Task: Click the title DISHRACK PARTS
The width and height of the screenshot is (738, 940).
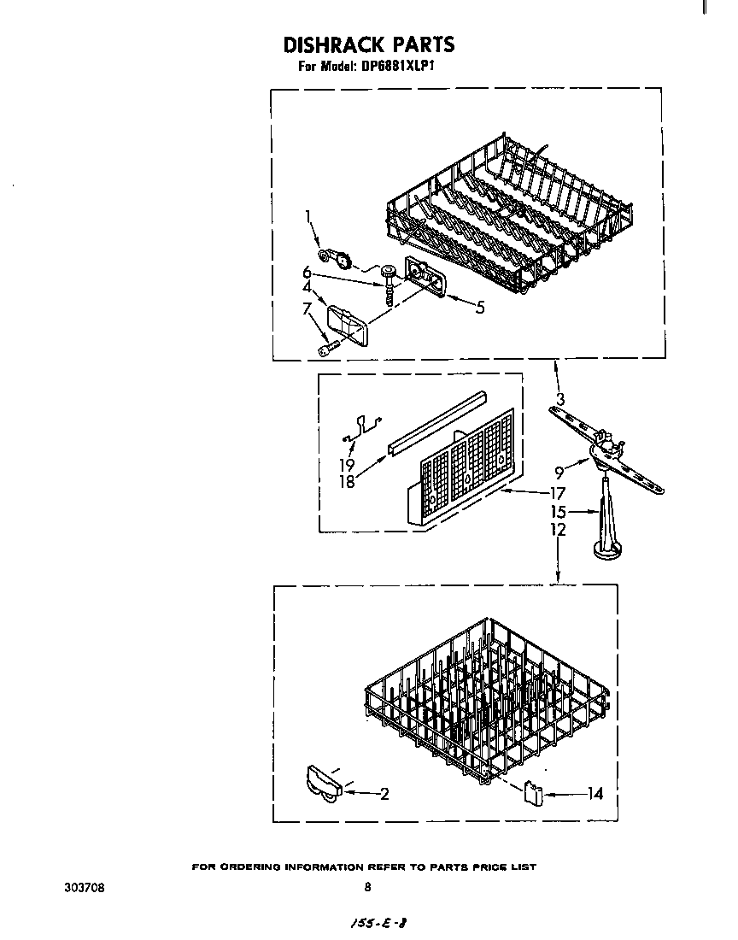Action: pyautogui.click(x=368, y=44)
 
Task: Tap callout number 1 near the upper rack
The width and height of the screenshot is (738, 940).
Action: pyautogui.click(x=308, y=218)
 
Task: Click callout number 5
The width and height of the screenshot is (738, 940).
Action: pyautogui.click(x=480, y=308)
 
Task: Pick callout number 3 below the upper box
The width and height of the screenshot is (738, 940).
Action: pyautogui.click(x=559, y=398)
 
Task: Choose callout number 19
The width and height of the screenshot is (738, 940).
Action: pyautogui.click(x=348, y=465)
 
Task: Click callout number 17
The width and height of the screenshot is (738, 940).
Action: pyautogui.click(x=557, y=492)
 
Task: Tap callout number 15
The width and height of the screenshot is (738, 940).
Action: pyautogui.click(x=558, y=513)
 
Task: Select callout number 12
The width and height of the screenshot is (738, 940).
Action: pyautogui.click(x=558, y=530)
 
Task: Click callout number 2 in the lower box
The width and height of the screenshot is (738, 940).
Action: pyautogui.click(x=384, y=794)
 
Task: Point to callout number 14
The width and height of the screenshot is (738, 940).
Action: pyautogui.click(x=594, y=794)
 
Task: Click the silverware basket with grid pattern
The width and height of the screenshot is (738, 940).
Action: pyautogui.click(x=466, y=466)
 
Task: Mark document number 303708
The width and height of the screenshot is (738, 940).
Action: pyautogui.click(x=85, y=887)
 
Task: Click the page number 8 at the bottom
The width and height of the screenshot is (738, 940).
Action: pyautogui.click(x=367, y=887)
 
